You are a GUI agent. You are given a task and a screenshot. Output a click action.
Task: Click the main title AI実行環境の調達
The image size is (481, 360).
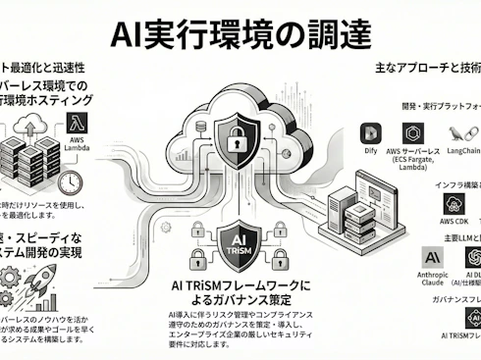coord(240,35)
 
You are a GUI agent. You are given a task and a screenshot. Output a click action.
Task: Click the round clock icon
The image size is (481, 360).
coord(69,184)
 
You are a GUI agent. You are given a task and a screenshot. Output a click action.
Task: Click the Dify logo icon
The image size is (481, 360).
coord(370,133)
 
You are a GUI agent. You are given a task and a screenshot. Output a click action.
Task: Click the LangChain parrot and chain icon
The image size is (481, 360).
coord(459,134)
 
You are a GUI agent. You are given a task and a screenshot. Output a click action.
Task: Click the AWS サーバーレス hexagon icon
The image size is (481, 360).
coord(414,133)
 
